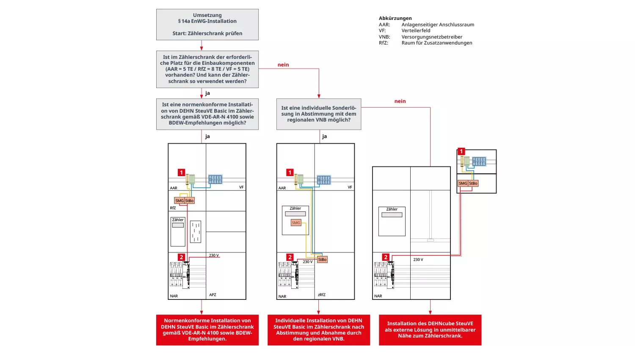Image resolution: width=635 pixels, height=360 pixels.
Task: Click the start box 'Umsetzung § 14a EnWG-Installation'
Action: [207, 25]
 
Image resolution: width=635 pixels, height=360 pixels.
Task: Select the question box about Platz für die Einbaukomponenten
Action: [207, 69]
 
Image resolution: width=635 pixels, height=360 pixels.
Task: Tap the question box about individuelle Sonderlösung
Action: [318, 114]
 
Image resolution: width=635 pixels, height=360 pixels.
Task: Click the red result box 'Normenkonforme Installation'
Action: [207, 330]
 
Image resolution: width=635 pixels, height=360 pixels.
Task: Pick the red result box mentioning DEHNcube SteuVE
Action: [430, 330]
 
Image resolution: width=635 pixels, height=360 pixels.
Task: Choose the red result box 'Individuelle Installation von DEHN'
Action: [318, 330]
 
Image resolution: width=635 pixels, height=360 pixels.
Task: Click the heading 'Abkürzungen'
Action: [395, 18]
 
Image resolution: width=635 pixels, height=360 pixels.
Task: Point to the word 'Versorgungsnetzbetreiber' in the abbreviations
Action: [431, 37]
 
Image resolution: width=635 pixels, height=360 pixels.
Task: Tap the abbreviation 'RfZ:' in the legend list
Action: [384, 43]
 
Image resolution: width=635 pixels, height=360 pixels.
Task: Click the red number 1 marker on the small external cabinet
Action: [461, 152]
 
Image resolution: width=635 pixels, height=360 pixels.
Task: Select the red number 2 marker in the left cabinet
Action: [181, 257]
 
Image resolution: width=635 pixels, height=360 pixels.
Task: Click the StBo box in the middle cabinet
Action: [322, 260]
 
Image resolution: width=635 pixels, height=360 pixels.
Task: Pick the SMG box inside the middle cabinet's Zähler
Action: [296, 223]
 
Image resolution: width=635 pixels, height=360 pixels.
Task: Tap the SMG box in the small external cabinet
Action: [463, 183]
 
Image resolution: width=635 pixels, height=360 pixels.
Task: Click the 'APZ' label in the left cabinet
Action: [213, 295]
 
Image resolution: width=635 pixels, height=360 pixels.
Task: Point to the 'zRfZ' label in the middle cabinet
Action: [322, 295]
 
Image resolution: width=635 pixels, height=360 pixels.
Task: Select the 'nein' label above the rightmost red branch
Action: [400, 101]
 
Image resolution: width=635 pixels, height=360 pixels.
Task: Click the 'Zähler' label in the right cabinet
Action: [392, 209]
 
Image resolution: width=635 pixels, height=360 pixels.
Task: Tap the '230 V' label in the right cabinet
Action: [418, 260]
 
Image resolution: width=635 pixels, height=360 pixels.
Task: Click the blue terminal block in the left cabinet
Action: [215, 180]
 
